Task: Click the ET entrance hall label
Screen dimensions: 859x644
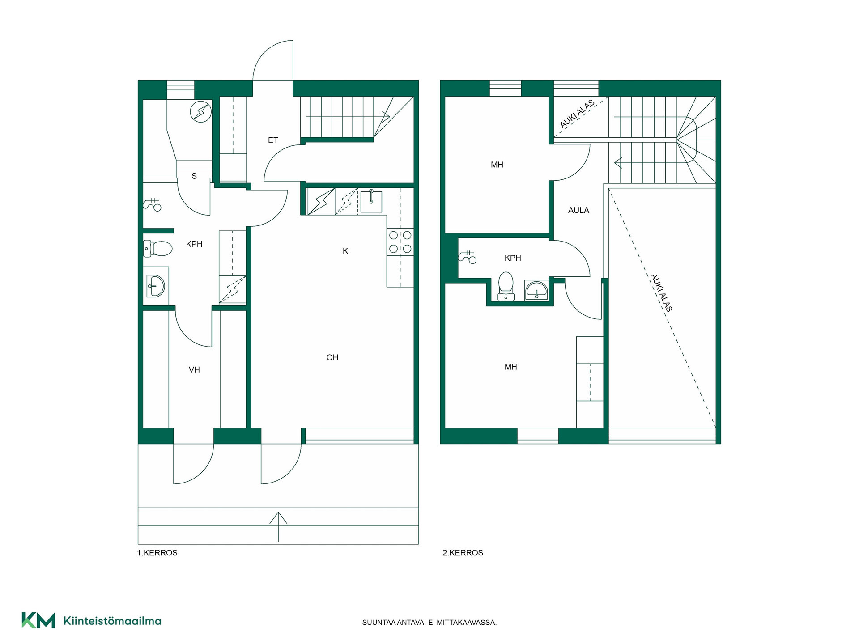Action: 273,140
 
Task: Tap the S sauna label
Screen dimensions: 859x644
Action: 194,176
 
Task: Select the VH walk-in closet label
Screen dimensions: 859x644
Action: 194,370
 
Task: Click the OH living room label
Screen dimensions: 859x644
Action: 332,357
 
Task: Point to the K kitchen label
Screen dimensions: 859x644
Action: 345,251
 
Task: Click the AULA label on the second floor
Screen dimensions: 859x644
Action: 578,210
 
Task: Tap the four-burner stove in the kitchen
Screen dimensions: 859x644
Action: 400,241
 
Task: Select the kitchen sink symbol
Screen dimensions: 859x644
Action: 371,201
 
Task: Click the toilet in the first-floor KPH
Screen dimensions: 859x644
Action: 158,249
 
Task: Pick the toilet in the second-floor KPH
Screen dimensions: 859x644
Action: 506,286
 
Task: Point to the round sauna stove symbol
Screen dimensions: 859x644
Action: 200,112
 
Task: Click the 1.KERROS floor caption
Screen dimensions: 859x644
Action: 157,553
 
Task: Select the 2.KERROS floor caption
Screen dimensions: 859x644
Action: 463,553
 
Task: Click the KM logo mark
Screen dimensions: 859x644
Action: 38,620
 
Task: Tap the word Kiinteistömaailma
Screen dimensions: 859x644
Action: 113,621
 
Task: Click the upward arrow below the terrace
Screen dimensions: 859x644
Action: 278,527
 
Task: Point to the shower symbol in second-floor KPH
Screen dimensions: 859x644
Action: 467,257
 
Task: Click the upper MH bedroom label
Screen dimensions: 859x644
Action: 497,165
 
